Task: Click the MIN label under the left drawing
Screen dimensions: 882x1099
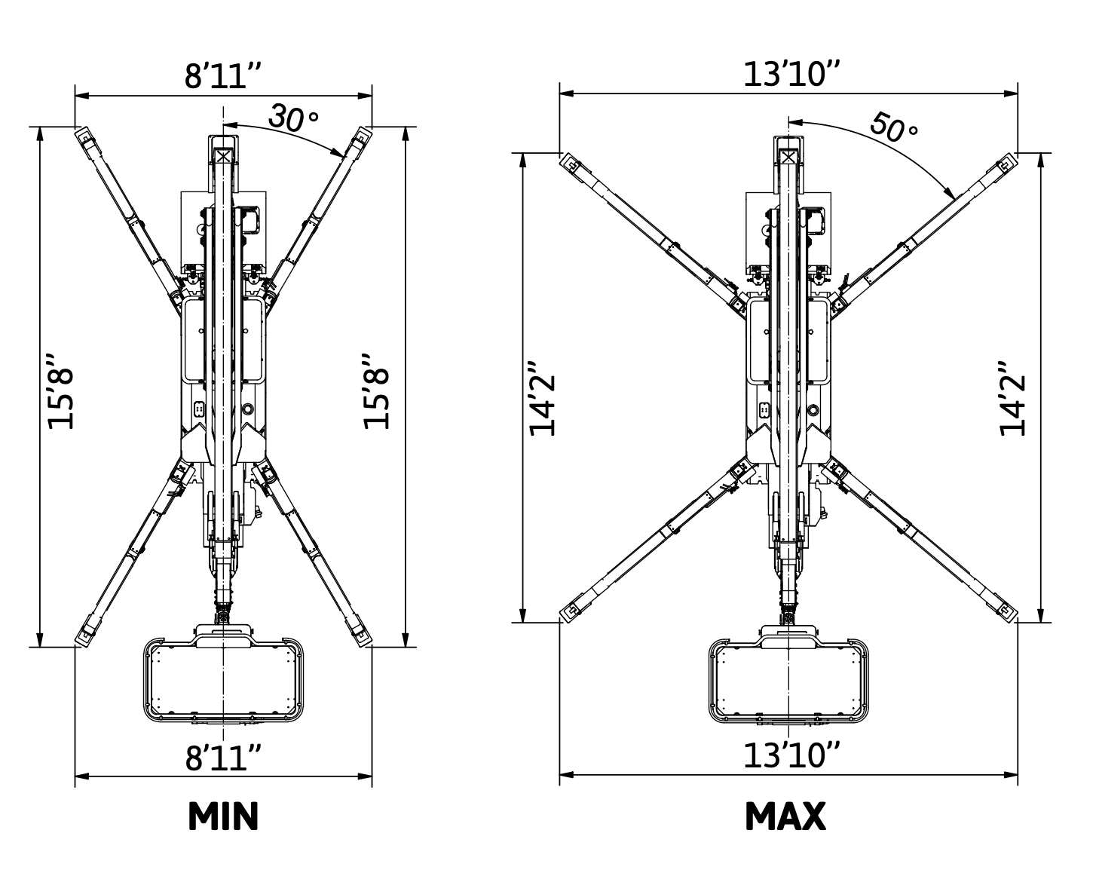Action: pyautogui.click(x=223, y=816)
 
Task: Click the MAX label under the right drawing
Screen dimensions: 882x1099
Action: pyautogui.click(x=785, y=816)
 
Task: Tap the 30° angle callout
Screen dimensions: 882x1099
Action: pyautogui.click(x=293, y=118)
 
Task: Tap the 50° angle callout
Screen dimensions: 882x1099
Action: pyautogui.click(x=893, y=127)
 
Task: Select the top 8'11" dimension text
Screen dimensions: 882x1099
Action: pyautogui.click(x=223, y=76)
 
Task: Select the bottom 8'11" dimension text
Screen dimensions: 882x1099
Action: pyautogui.click(x=223, y=757)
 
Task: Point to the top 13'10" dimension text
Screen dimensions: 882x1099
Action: pyautogui.click(x=791, y=75)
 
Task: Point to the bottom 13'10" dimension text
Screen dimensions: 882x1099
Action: pyautogui.click(x=791, y=755)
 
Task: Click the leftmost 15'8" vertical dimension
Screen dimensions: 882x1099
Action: pyautogui.click(x=61, y=390)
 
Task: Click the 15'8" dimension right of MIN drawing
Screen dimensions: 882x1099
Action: pyautogui.click(x=377, y=390)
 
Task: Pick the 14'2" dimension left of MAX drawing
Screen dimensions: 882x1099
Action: pyautogui.click(x=543, y=398)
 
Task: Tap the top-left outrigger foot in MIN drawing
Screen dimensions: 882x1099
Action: pyautogui.click(x=84, y=137)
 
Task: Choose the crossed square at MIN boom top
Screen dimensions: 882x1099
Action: pyautogui.click(x=223, y=156)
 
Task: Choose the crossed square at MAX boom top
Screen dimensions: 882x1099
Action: pyautogui.click(x=788, y=156)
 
